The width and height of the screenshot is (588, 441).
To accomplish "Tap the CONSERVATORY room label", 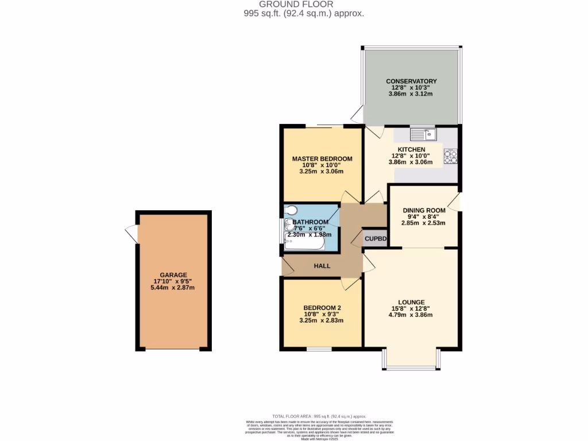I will [411, 81].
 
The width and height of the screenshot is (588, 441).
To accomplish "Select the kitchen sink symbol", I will [423, 134].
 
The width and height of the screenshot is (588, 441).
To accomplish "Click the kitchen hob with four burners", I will [451, 156].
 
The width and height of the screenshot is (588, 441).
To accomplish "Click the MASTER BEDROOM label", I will [322, 158].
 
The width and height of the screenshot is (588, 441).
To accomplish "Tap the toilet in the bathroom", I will [290, 212].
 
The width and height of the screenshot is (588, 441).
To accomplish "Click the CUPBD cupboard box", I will [376, 238].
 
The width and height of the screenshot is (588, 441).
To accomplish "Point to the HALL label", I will [322, 266].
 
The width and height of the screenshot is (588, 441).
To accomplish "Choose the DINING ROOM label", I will [424, 210].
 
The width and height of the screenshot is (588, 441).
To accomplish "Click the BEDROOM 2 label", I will [322, 308].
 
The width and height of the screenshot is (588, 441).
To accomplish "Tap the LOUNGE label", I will [411, 302].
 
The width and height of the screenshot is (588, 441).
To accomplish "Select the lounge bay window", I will [411, 359].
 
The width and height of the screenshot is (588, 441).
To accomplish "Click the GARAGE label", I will [174, 274].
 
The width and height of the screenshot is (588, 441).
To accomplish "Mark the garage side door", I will [131, 234].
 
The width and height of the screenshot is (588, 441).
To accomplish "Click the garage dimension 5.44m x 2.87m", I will [174, 287].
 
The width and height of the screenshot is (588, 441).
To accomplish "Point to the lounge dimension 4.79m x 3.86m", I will [411, 315].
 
